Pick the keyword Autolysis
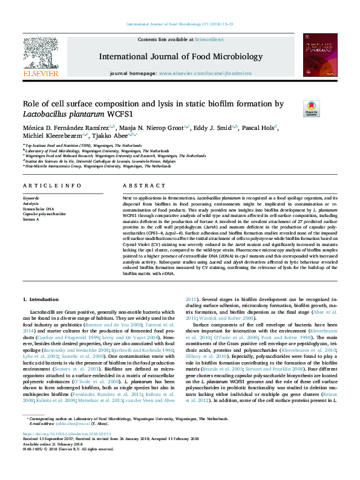pyautogui.click(x=31, y=204)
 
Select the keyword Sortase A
pyautogui.click(x=32, y=218)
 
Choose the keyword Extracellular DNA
pyautogui.click(x=37, y=209)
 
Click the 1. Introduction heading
pyautogui.click(x=41, y=299)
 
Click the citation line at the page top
pyautogui.click(x=180, y=24)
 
